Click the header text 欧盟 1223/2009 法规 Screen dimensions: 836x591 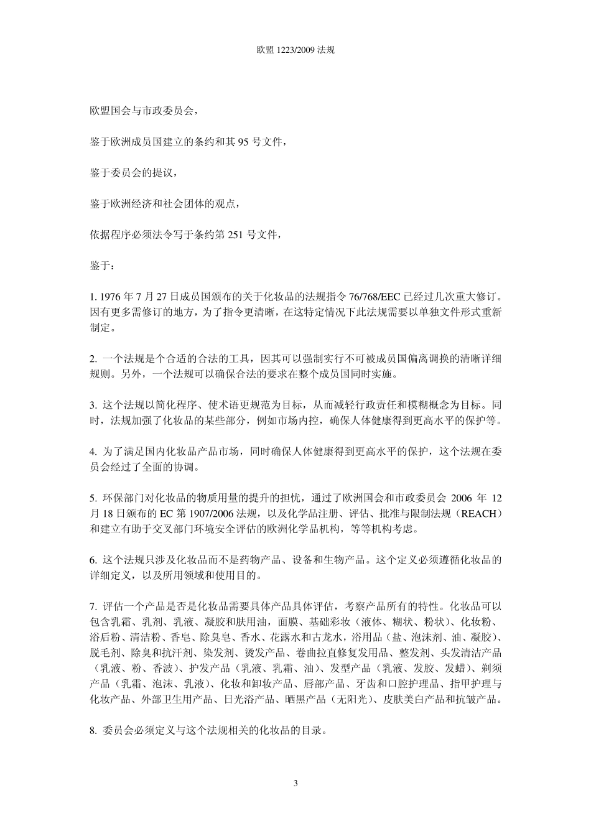(x=295, y=50)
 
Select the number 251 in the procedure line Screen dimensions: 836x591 (x=244, y=235)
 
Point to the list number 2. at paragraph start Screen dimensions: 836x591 (x=93, y=359)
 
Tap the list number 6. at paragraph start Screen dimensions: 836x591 (x=93, y=560)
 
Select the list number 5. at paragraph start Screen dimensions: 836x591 (x=93, y=498)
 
